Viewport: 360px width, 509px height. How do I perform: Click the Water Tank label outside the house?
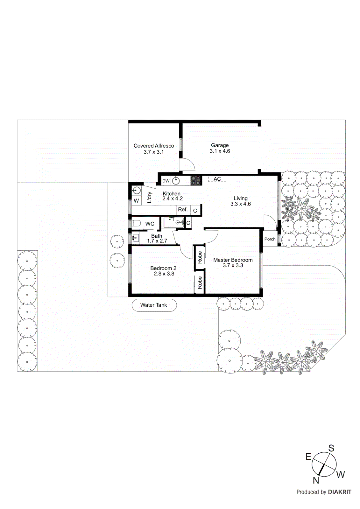pos(154,305)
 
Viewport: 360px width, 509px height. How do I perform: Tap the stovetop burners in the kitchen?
pos(196,180)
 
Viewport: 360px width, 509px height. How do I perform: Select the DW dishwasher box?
pos(166,181)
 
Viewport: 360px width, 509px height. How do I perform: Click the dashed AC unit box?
pos(217,179)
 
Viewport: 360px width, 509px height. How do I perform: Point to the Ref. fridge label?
pos(183,209)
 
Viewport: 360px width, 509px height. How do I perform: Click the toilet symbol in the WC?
pos(136,223)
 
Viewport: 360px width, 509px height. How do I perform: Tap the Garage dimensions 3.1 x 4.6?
pos(220,151)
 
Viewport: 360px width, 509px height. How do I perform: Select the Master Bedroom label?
pos(233,260)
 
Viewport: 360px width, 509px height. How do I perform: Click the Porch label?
pos(270,239)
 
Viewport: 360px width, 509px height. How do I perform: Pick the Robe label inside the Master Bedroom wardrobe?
pos(200,257)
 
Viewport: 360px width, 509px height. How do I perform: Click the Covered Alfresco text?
pos(154,146)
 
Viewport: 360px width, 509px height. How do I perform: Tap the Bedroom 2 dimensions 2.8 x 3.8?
pos(164,274)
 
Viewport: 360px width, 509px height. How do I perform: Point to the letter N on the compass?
pos(316,480)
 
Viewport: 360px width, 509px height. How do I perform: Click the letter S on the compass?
pos(331,448)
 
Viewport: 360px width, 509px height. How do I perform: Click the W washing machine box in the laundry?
pos(136,201)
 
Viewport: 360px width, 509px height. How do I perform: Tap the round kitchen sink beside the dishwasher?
pos(176,181)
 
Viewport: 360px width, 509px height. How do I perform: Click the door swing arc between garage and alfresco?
pos(188,164)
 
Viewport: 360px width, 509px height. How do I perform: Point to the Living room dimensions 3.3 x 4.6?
pos(241,204)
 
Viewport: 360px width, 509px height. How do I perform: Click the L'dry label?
pos(149,197)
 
